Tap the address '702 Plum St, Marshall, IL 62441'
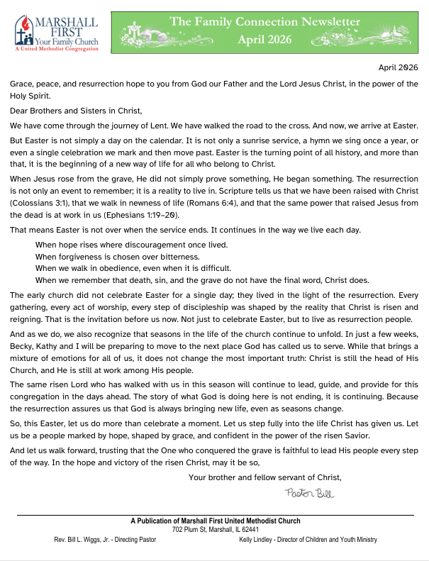click(215, 530)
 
